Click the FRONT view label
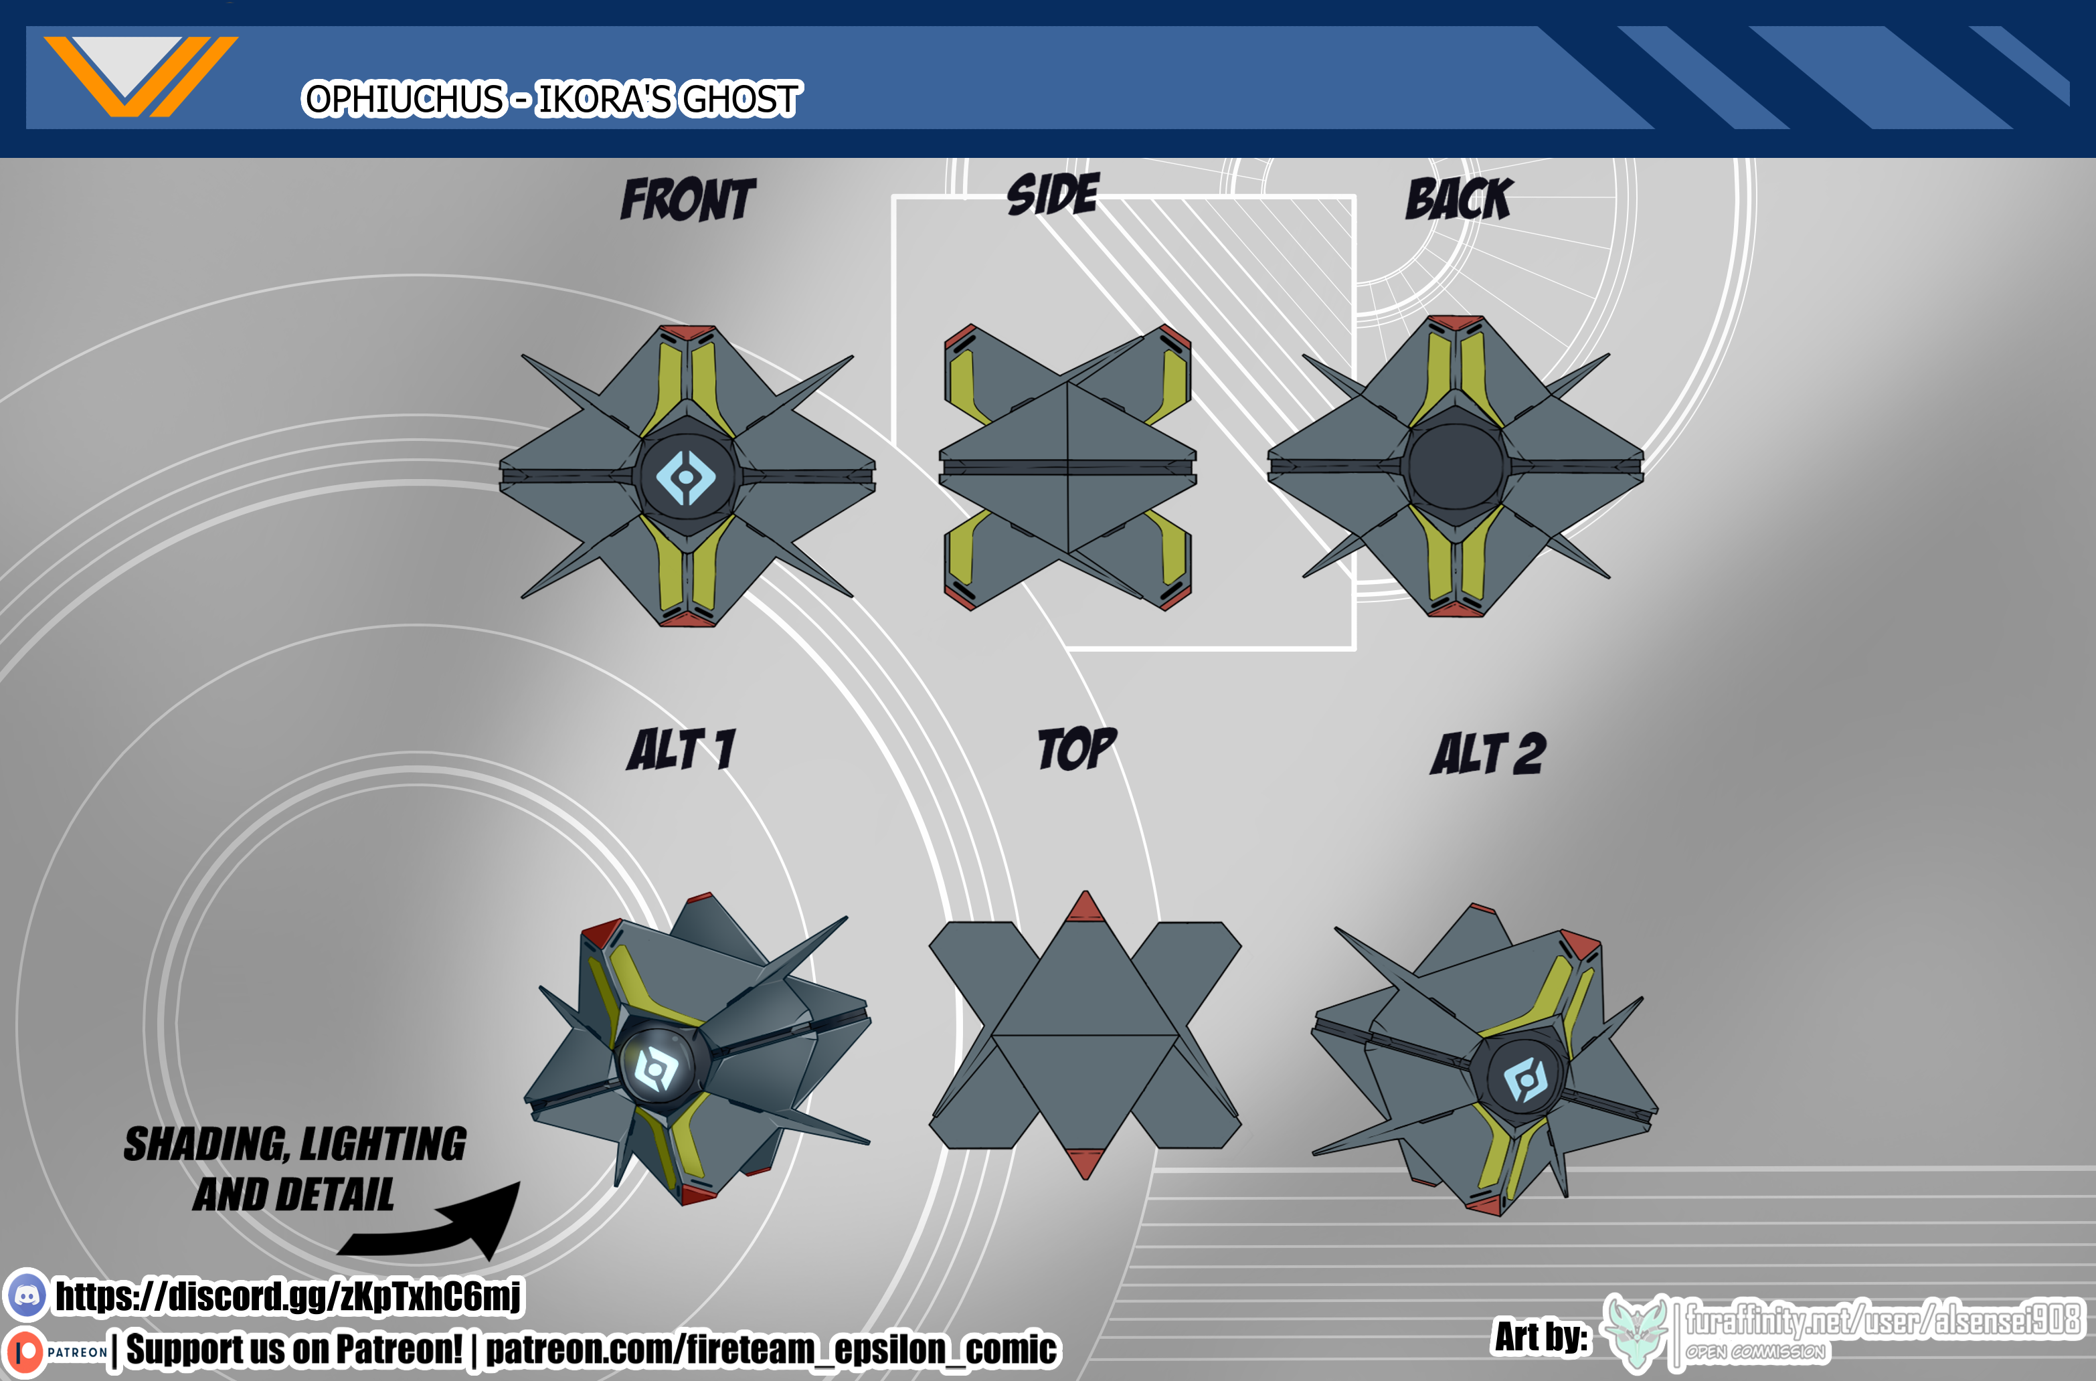click(688, 199)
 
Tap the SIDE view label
click(1053, 194)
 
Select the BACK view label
click(1458, 198)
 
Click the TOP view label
click(1077, 749)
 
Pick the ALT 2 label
click(1488, 754)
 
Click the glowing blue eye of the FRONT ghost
click(686, 476)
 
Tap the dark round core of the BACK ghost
click(1455, 467)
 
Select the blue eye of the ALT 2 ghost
click(1526, 1079)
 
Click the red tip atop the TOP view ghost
click(1085, 907)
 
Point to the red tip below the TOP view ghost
click(1085, 1164)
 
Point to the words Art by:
click(1542, 1336)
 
